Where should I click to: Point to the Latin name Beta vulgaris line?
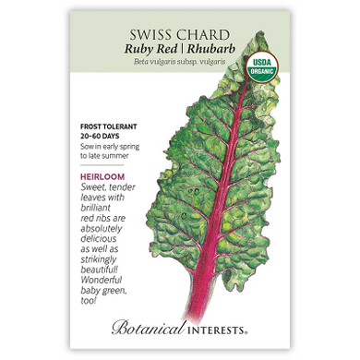(x=178, y=55)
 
